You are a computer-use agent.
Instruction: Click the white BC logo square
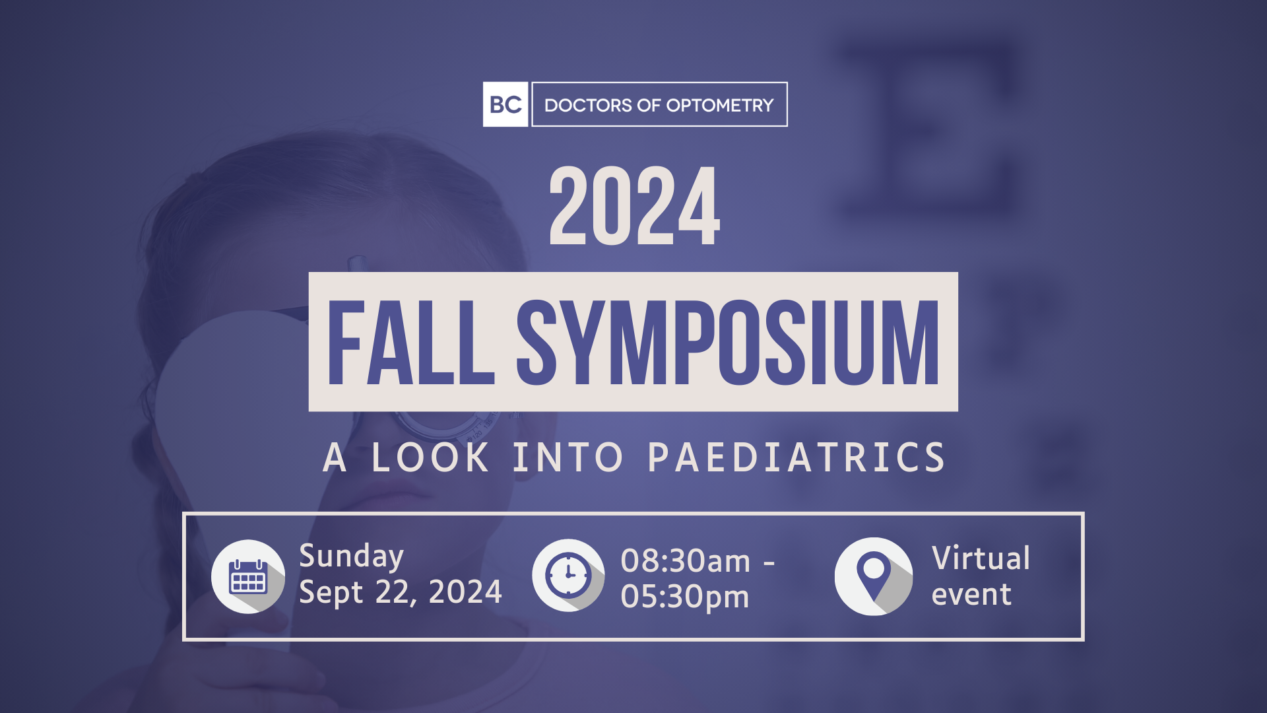[x=505, y=104]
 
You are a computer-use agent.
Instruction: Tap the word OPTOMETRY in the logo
[x=720, y=105]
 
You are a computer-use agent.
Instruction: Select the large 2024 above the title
[x=634, y=206]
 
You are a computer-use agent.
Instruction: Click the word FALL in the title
[x=410, y=343]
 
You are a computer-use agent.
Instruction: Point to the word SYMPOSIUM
[x=728, y=343]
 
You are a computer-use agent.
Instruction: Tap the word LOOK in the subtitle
[x=430, y=457]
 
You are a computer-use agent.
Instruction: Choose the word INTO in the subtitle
[x=568, y=457]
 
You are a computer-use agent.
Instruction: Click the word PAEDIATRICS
[x=797, y=457]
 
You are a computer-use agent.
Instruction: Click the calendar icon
[x=248, y=576]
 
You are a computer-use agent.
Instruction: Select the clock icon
[x=568, y=575]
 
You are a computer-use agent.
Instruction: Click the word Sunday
[x=351, y=557]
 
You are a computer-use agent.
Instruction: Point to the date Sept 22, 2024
[x=401, y=592]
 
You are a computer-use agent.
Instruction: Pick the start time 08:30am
[x=686, y=561]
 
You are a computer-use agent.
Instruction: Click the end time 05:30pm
[x=685, y=597]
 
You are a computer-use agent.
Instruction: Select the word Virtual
[x=981, y=558]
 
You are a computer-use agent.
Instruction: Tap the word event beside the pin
[x=971, y=594]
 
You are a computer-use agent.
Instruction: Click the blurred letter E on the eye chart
[x=924, y=129]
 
